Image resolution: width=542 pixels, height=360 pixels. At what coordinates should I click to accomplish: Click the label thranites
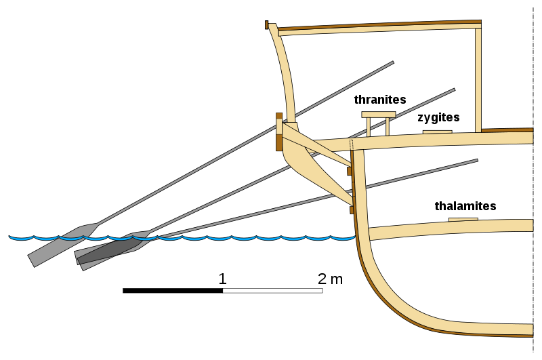(x=379, y=100)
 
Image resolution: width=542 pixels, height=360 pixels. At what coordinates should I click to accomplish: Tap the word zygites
(x=438, y=117)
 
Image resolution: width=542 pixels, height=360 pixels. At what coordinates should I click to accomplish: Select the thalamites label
(x=465, y=206)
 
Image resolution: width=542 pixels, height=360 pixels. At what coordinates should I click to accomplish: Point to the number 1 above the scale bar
(x=222, y=278)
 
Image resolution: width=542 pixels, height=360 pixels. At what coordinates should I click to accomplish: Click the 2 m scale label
(x=330, y=278)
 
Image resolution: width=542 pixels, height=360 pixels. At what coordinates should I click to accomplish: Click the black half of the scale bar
(x=173, y=291)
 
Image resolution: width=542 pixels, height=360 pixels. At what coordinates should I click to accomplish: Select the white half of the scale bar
(x=272, y=291)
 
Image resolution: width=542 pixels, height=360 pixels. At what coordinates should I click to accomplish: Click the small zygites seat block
(x=437, y=132)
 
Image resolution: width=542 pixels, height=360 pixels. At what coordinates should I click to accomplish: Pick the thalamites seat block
(x=463, y=219)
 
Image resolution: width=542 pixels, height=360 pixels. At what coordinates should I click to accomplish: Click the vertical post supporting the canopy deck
(x=478, y=78)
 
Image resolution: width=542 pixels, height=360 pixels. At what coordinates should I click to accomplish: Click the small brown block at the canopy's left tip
(x=267, y=25)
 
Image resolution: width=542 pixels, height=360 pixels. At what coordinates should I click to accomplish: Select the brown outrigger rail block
(x=278, y=132)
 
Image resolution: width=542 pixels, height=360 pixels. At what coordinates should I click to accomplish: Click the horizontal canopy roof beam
(x=379, y=28)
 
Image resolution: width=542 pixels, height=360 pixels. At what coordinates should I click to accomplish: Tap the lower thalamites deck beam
(x=447, y=229)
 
